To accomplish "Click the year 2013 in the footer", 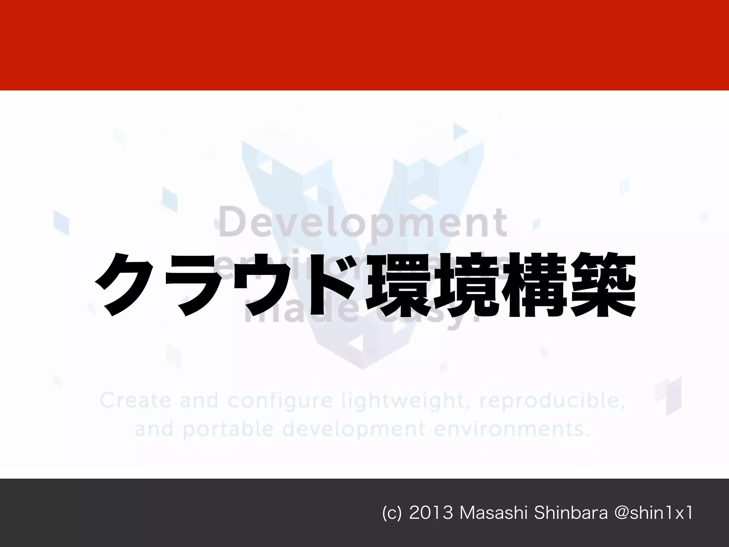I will coord(431,513).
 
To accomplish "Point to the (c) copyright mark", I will coord(391,513).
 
